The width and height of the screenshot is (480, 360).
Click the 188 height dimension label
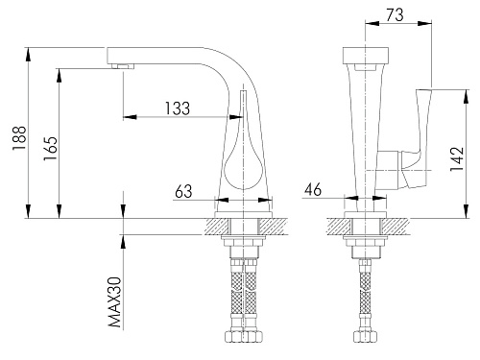point(19,138)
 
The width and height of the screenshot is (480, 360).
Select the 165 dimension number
point(51,149)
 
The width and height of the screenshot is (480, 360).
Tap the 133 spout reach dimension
point(178,108)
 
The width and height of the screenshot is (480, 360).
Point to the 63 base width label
point(183,191)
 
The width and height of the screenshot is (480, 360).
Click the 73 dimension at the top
point(395,14)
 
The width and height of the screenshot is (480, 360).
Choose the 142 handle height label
point(457,158)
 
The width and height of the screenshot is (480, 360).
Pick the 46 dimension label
point(313,189)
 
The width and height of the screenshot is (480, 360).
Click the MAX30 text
point(115,302)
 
